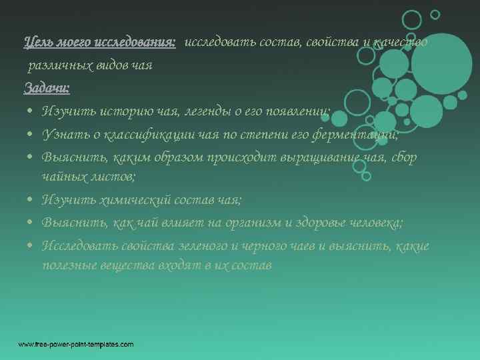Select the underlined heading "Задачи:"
[x=47, y=87]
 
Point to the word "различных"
[x=53, y=65]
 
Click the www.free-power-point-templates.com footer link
[x=75, y=344]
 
